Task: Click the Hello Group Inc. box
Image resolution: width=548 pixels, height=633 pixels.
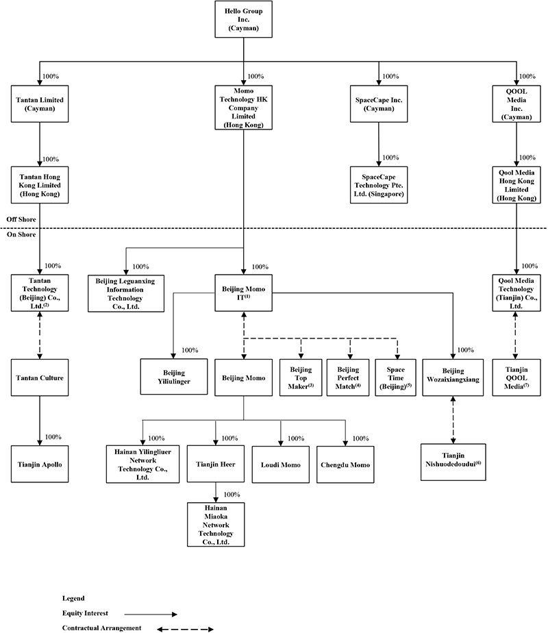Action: click(244, 21)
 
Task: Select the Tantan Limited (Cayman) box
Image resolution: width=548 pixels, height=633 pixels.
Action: click(39, 105)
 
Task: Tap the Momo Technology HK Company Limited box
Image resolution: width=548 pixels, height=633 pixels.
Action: click(244, 108)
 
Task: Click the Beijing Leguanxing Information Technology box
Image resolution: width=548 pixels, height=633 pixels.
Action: click(125, 293)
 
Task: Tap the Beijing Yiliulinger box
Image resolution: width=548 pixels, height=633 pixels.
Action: click(173, 377)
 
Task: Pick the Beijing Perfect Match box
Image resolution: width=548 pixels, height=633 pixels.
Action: click(348, 377)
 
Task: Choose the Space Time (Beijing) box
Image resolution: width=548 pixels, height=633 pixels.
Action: click(395, 377)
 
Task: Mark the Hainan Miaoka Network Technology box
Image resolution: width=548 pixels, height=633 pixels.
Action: click(216, 524)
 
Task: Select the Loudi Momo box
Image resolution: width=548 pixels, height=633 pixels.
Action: click(280, 464)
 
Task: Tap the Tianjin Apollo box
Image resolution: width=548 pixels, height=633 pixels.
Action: click(39, 464)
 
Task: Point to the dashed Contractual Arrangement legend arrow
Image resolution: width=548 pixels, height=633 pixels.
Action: click(185, 628)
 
